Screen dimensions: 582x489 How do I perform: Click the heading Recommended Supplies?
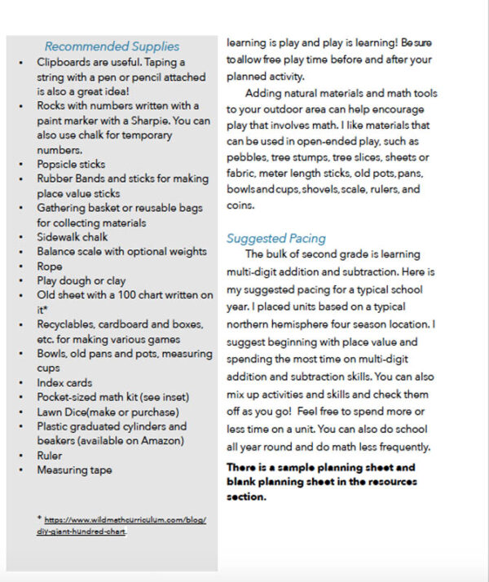click(x=112, y=46)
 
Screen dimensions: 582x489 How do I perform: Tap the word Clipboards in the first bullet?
click(x=64, y=62)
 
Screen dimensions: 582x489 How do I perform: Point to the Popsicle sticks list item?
click(x=71, y=165)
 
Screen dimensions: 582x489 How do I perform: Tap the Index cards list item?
click(x=64, y=382)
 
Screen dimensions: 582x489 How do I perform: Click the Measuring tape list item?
click(x=74, y=470)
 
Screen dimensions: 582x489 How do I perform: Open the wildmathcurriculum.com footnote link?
click(x=122, y=525)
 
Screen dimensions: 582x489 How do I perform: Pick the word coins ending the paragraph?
click(x=241, y=205)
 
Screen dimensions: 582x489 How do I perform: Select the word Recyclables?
click(x=66, y=324)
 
